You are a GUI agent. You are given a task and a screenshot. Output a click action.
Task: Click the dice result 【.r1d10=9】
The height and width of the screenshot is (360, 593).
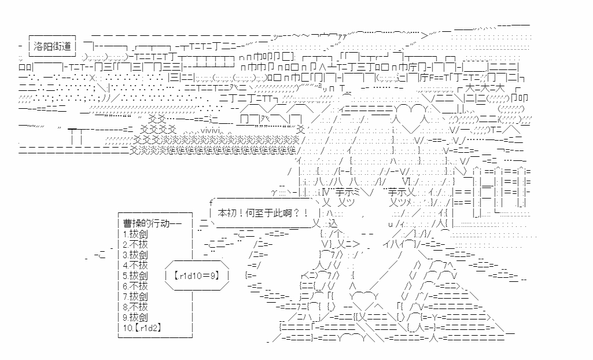coord(197,275)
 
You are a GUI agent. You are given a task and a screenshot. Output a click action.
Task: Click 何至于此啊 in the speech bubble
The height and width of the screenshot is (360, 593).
coord(265,213)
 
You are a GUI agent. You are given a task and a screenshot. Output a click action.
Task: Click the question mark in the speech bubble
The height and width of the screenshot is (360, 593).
coord(289,213)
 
